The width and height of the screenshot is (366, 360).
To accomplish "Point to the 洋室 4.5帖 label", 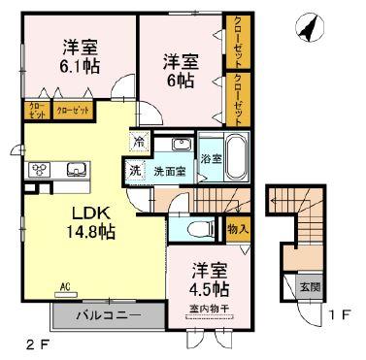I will (208, 278).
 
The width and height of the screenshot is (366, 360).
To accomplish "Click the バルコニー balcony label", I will (121, 315).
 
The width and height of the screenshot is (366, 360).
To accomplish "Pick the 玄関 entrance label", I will (308, 286).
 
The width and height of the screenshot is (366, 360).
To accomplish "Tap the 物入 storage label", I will (239, 230).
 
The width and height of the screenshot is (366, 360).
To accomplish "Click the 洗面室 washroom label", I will (167, 166).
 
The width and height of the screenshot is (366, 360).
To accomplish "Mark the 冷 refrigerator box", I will (140, 143).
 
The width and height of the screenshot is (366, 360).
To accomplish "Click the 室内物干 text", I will (208, 310).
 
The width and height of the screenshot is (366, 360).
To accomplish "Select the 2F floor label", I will (36, 344).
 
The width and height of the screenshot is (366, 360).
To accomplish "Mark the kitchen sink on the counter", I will (75, 169).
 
